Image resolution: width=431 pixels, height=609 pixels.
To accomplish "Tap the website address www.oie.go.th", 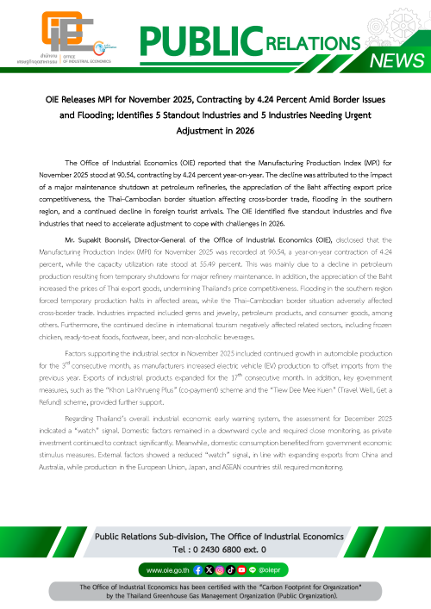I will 167,569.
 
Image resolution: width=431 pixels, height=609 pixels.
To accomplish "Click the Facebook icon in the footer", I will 200,569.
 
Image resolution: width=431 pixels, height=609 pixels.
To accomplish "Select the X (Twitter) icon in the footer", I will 210,569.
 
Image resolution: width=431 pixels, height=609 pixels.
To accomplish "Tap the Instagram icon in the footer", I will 221,569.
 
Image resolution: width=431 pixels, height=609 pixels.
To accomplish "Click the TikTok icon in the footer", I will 231,569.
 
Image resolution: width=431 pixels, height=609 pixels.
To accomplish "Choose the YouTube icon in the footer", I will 241,569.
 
